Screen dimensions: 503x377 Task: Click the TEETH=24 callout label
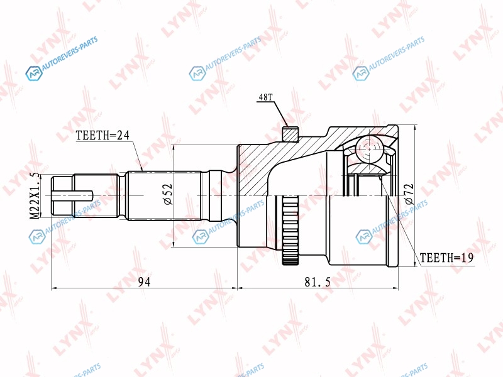tap(102, 135)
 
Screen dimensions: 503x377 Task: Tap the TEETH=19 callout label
tap(446, 258)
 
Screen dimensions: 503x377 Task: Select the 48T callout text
tap(265, 97)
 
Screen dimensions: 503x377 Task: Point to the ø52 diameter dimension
tap(168, 194)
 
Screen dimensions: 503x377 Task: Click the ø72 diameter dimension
tap(409, 194)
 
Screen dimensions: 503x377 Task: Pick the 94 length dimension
tap(144, 281)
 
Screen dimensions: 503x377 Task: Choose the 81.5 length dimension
tap(318, 281)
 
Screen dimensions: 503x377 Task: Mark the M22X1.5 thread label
tap(35, 195)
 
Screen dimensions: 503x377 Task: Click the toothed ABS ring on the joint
tap(290, 229)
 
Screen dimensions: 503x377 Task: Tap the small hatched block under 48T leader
tap(290, 134)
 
